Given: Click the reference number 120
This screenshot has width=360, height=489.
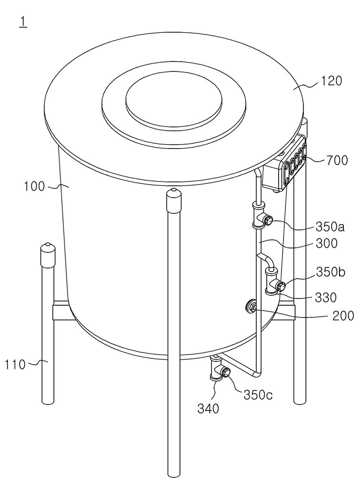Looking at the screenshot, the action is tap(331, 81).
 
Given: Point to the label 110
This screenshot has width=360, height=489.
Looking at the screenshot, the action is tap(15, 364).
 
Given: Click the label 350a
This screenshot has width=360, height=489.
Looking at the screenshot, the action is tap(330, 227).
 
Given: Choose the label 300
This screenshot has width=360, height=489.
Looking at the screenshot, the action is tap(326, 243).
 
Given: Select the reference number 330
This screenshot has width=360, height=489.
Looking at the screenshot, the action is tap(326, 298).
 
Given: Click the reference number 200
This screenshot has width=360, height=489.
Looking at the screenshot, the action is tap(343, 316).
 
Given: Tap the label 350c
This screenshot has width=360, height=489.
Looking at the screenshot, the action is tap(258, 395).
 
